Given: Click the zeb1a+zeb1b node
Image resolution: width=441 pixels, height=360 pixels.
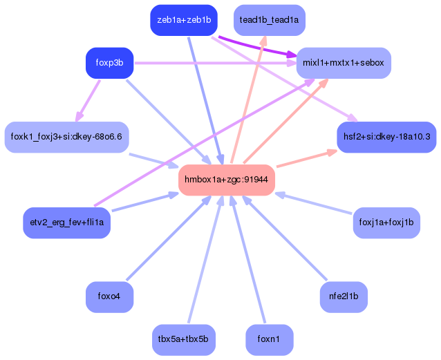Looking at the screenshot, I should click(184, 20).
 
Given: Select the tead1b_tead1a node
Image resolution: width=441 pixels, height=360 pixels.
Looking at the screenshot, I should click(269, 20).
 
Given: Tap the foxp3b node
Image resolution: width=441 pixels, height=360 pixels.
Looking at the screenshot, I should click(109, 63).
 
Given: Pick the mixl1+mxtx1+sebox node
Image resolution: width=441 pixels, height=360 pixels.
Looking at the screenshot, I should click(344, 63).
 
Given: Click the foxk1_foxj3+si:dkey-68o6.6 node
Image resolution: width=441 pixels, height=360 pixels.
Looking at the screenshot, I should click(66, 136).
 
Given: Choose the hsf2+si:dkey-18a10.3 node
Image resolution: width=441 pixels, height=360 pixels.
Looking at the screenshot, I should click(386, 137).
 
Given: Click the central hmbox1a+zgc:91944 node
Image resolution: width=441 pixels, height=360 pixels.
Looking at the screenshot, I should click(227, 180).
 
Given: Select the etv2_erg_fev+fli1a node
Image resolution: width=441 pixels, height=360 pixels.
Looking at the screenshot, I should click(67, 222).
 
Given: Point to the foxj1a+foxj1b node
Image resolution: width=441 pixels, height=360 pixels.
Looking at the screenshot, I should click(386, 222).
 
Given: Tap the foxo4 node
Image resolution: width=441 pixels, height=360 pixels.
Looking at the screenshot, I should click(109, 296).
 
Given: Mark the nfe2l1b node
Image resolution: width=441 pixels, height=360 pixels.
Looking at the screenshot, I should click(344, 296).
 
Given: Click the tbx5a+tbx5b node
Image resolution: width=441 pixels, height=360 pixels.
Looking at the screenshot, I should click(184, 339).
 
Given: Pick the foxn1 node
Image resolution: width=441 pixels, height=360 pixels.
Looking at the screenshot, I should click(270, 339).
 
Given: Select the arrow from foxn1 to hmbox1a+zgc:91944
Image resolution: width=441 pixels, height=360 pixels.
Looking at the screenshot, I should click(249, 263).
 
